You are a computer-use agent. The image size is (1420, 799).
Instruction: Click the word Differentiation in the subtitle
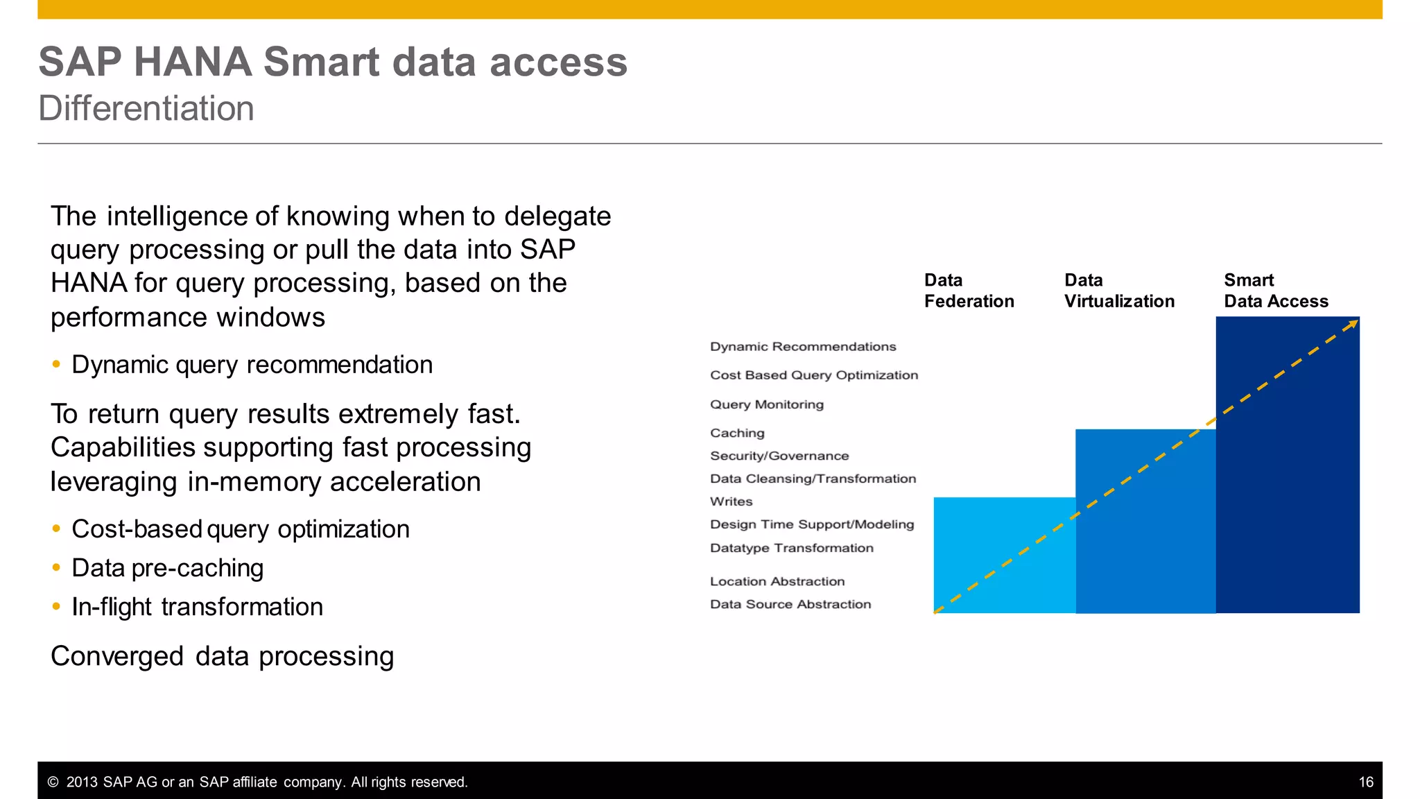[146, 109]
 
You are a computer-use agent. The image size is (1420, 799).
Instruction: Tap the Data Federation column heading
[969, 291]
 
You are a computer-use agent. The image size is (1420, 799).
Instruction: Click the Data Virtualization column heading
[1119, 291]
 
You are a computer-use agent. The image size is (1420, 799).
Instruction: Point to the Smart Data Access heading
[1276, 291]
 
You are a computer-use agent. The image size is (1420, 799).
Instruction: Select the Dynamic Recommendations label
[803, 347]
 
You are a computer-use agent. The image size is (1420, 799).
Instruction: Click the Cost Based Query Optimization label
[814, 375]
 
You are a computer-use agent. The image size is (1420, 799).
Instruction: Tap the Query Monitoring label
[767, 404]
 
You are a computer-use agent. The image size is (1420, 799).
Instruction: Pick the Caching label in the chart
[737, 433]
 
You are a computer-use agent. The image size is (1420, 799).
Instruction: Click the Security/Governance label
[779, 456]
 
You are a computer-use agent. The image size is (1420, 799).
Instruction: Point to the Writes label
[731, 501]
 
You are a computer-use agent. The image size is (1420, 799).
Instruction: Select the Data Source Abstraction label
[790, 604]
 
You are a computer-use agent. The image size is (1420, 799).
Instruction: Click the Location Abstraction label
[777, 581]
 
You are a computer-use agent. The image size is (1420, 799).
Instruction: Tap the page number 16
[1365, 782]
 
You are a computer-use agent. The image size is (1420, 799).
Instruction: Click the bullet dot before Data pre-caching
[57, 567]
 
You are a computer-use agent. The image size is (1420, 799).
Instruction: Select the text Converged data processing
[222, 656]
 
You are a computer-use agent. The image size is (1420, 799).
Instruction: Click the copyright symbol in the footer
[53, 782]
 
